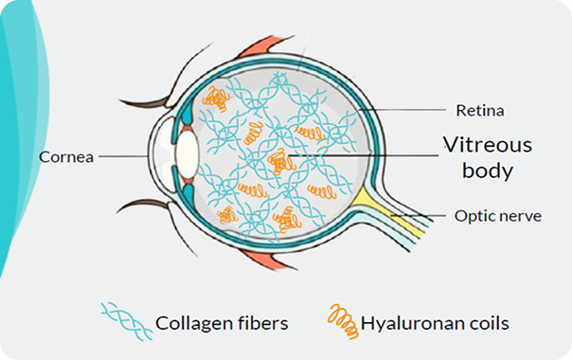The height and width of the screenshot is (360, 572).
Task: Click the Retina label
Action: [x=480, y=110]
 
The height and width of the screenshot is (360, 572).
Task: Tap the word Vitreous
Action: [x=488, y=145]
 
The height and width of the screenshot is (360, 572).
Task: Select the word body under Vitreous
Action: [x=488, y=171]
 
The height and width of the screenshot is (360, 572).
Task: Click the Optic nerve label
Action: [x=498, y=216]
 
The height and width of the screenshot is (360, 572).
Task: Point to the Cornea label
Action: [x=66, y=157]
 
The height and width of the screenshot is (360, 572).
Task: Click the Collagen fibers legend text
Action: [x=222, y=323]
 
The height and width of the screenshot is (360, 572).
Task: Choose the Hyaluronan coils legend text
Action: [x=435, y=323]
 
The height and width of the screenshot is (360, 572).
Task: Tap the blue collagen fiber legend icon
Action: [x=127, y=321]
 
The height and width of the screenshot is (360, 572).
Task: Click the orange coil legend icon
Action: [x=343, y=321]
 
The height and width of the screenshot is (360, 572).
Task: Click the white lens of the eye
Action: [x=187, y=154]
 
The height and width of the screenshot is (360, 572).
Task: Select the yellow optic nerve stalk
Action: [x=390, y=212]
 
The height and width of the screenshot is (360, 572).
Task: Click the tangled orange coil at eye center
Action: [x=280, y=162]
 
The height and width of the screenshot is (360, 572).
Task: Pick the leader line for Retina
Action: [x=402, y=110]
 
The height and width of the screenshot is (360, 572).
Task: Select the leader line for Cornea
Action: [x=123, y=156]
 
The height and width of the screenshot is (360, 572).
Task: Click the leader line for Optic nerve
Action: [x=419, y=216]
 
